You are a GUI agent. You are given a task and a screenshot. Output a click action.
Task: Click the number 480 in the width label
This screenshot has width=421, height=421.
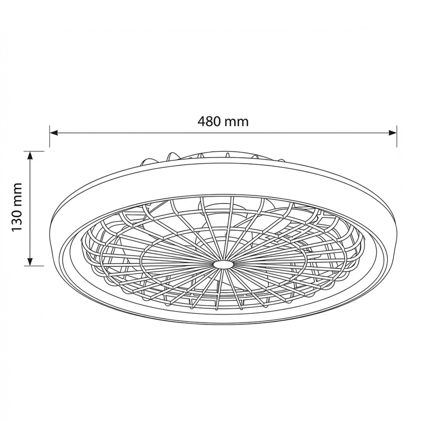(209, 121)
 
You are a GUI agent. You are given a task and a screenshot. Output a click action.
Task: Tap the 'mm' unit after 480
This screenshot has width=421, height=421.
(236, 121)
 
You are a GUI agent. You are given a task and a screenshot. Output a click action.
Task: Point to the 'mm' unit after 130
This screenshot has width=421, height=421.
(17, 194)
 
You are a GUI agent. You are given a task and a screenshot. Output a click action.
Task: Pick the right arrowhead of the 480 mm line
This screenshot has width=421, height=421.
(393, 132)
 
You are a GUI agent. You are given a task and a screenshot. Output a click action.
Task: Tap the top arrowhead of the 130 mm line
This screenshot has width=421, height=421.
(31, 155)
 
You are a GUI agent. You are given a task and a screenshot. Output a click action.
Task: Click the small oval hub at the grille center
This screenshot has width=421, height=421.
(223, 264)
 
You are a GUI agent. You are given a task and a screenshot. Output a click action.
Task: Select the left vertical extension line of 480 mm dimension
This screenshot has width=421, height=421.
(49, 136)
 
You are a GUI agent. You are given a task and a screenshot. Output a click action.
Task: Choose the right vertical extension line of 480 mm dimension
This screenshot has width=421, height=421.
(397, 136)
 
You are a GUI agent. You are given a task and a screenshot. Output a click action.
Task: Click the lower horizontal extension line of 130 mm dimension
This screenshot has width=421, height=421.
(36, 266)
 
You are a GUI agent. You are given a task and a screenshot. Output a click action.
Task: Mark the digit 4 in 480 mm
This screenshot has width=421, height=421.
(201, 121)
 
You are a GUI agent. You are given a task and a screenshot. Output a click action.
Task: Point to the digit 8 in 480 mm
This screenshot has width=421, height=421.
(209, 121)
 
